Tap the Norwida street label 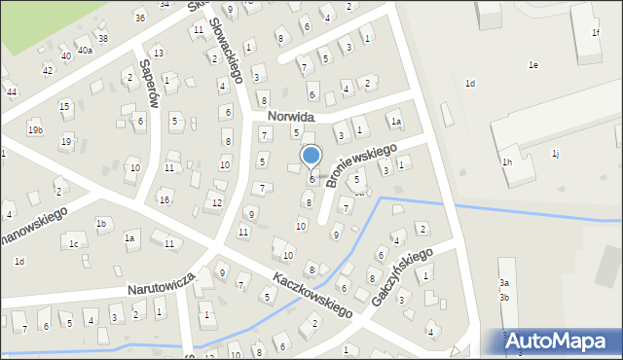click(288, 116)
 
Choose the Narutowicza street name click(162, 284)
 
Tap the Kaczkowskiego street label click(311, 294)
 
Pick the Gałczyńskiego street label click(401, 275)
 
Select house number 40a click(86, 51)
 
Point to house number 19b click(35, 129)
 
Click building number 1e click(532, 65)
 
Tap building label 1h click(507, 162)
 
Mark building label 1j click(555, 153)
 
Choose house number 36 click(140, 18)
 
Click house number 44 click(11, 91)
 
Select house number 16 click(165, 199)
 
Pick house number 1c click(74, 243)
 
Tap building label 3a click(504, 282)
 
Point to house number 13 click(159, 53)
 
